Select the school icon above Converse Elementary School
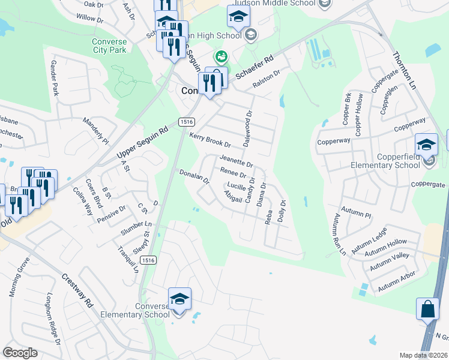(179, 299)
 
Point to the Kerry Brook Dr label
(210, 140)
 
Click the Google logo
(20, 353)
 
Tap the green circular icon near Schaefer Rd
(221, 57)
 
